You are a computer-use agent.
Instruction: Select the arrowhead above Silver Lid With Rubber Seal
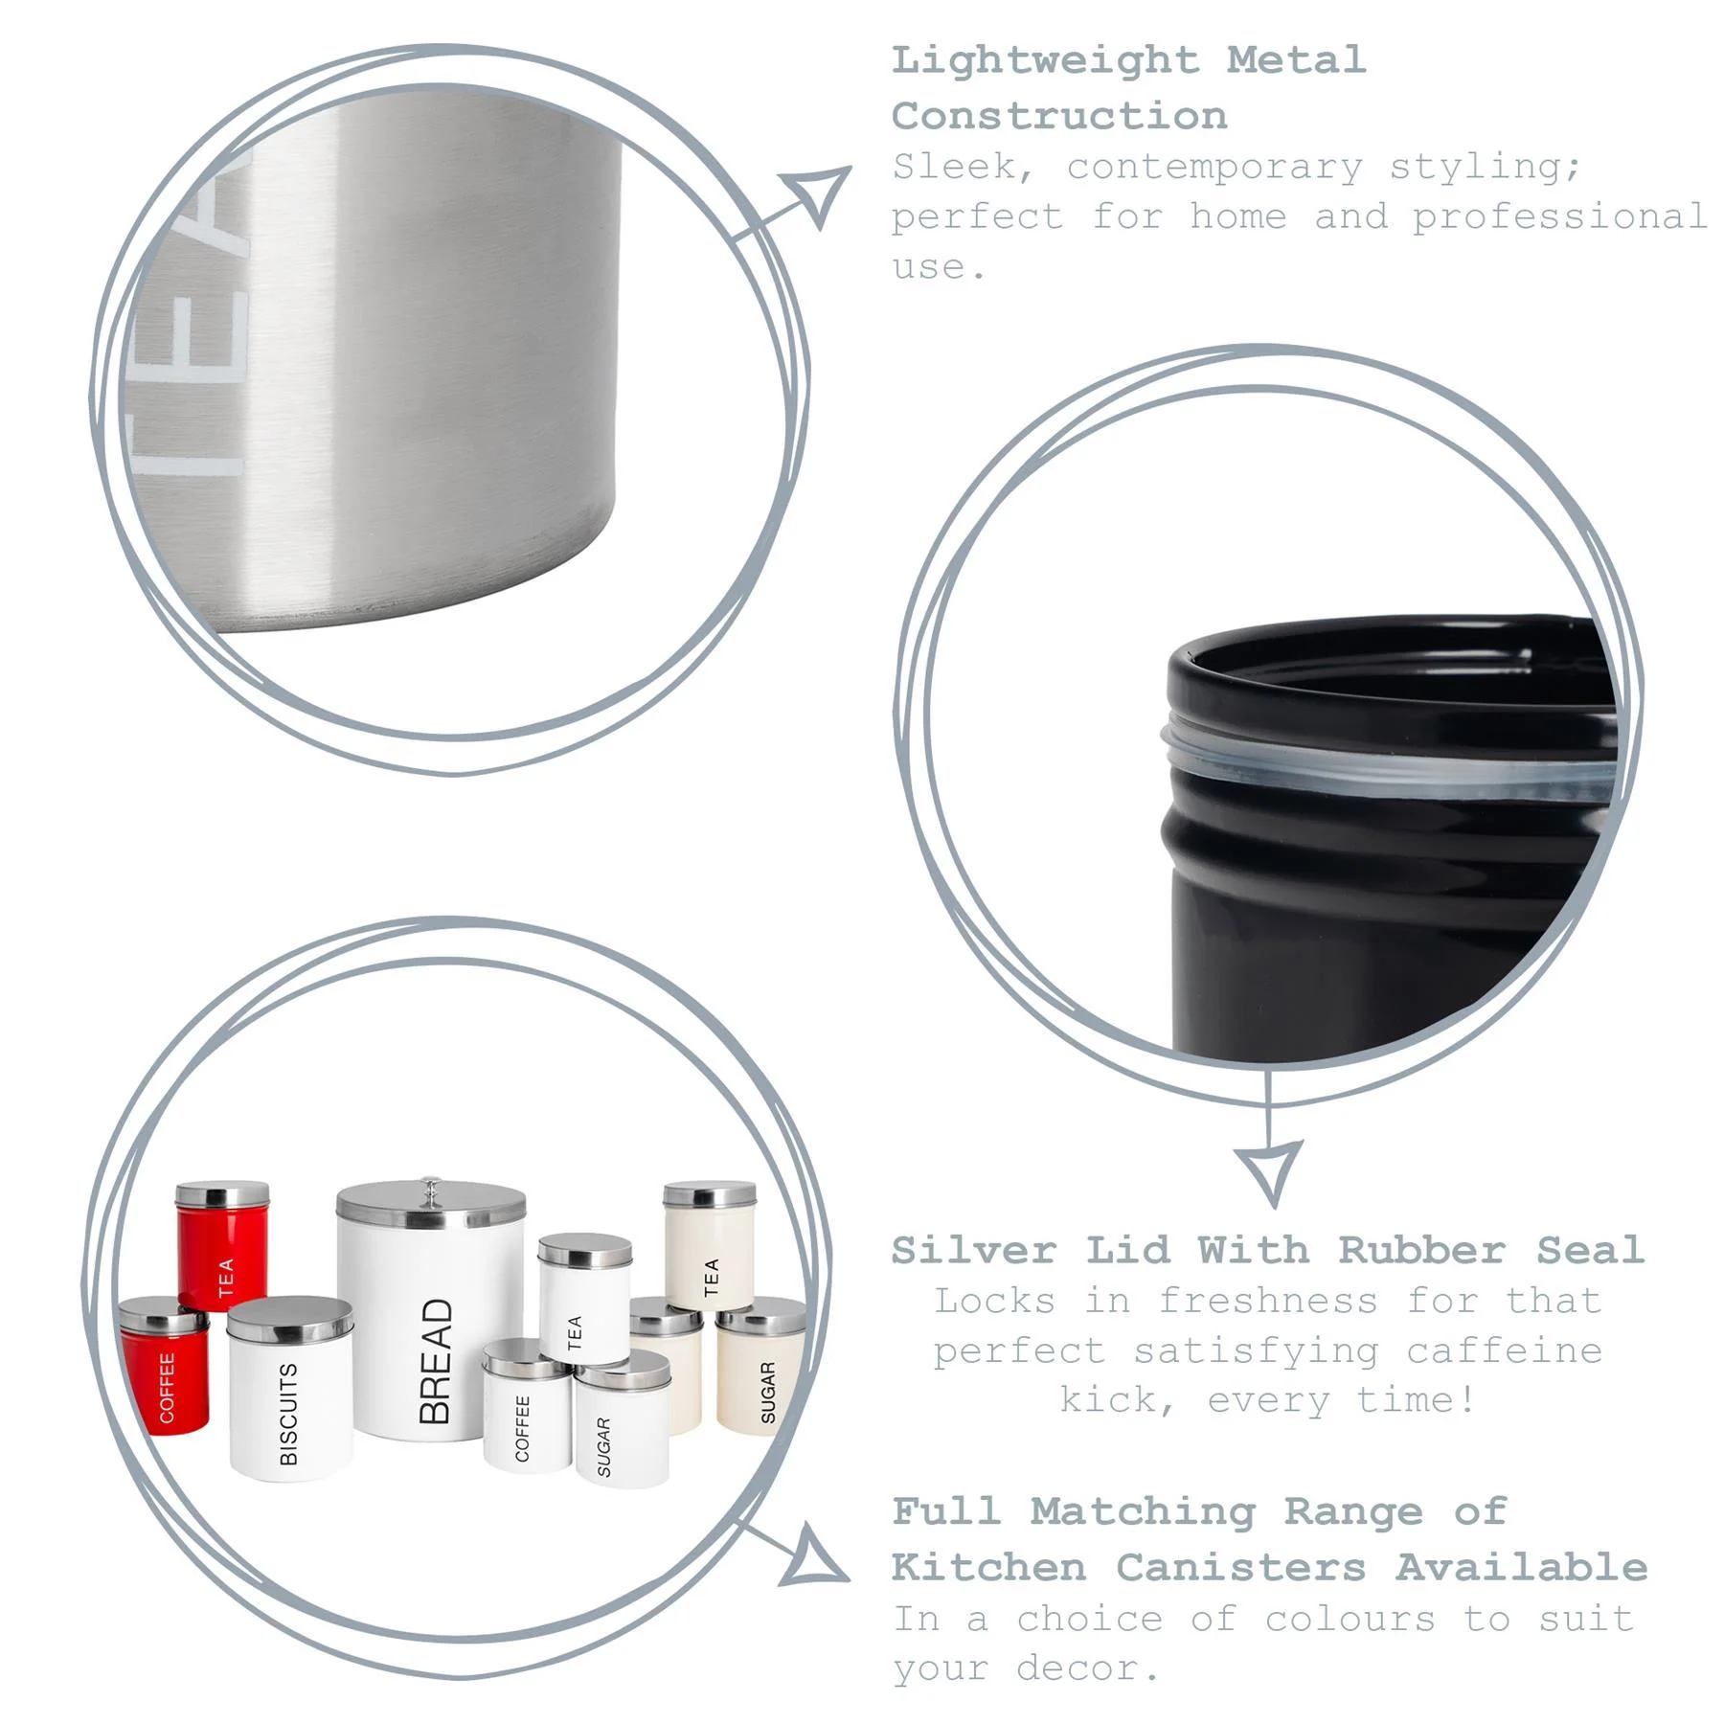(1269, 1170)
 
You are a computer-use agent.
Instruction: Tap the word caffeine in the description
(1504, 1351)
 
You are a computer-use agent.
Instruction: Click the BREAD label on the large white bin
(435, 1361)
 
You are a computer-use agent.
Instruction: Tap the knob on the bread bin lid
(431, 1190)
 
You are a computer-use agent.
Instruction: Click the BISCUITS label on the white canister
(288, 1415)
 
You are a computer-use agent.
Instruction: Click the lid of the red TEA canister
(222, 1194)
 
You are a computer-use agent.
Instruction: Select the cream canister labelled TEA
(709, 1255)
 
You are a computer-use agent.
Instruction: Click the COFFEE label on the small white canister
(523, 1428)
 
